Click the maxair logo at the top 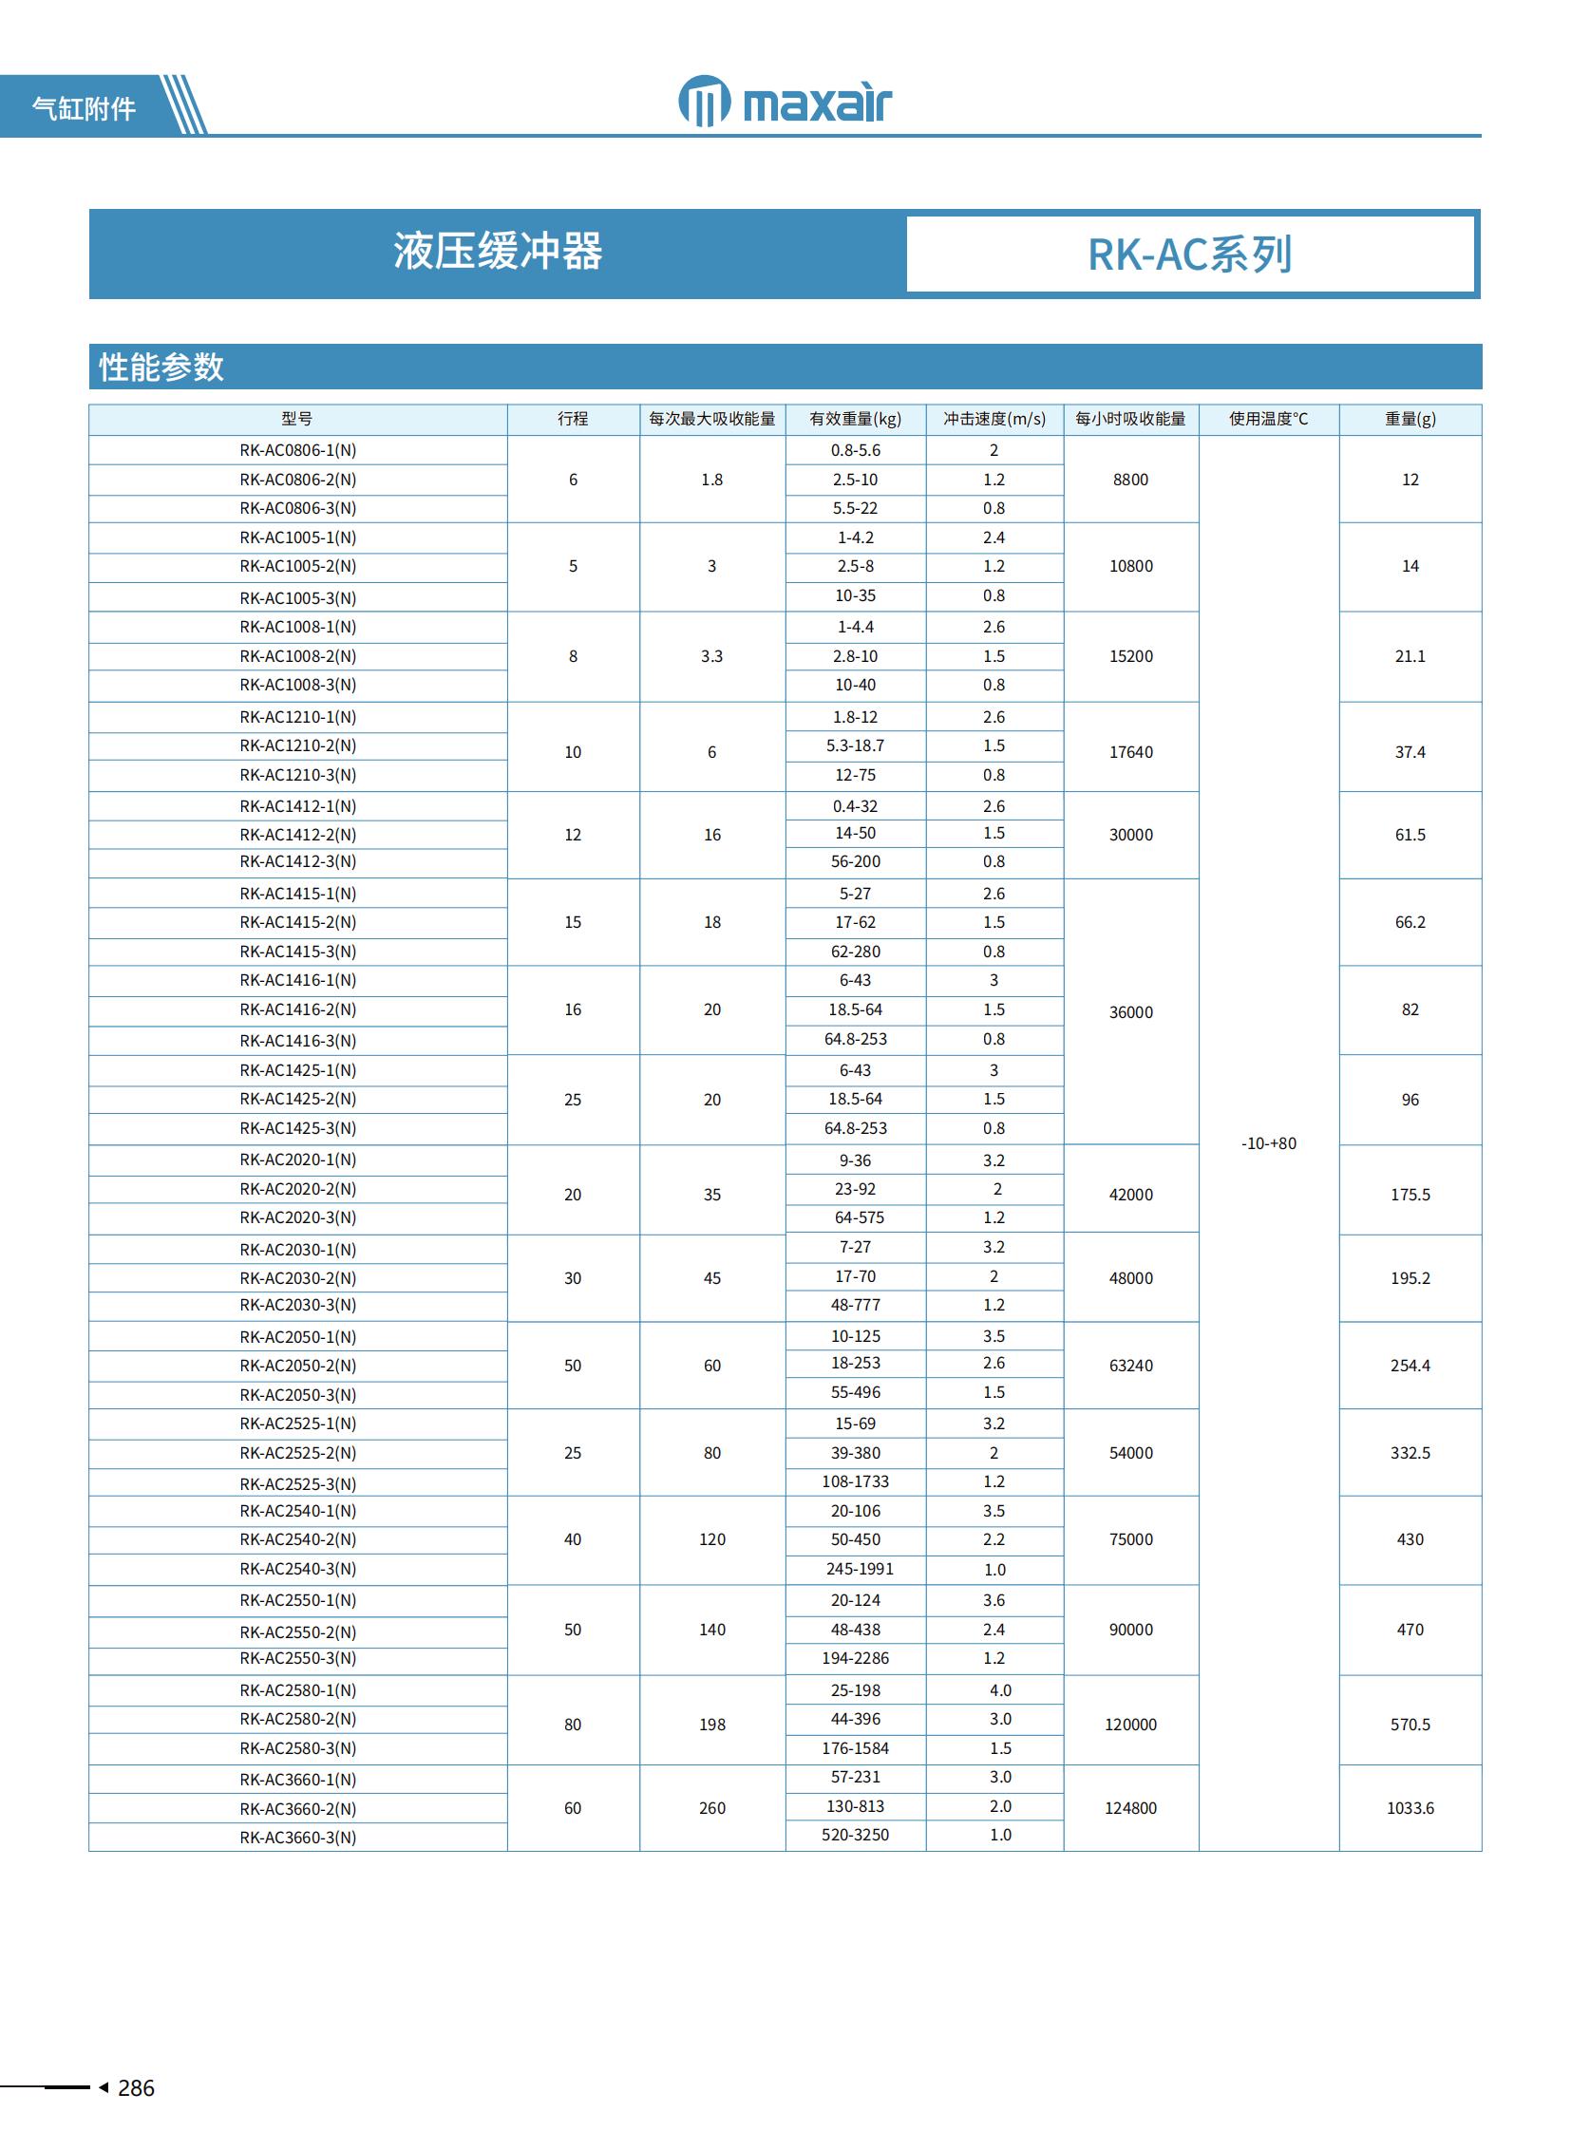tap(785, 102)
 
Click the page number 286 tap(136, 2087)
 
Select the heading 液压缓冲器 tap(498, 252)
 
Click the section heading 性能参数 tap(161, 368)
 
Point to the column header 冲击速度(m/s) tap(994, 420)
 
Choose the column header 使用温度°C tap(1268, 420)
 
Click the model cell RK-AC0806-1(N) tap(297, 450)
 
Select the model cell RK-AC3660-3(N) tap(297, 1838)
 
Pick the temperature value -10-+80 tap(1268, 1143)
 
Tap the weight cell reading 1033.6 tap(1410, 1808)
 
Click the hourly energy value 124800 tap(1129, 1808)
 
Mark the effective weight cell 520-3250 tap(855, 1835)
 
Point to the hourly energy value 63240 tap(1129, 1366)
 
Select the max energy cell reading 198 tap(711, 1724)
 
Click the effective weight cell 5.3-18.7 tap(855, 745)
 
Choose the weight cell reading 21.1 tap(1410, 656)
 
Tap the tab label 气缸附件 tap(84, 108)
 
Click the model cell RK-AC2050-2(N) tap(297, 1366)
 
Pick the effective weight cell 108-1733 tap(855, 1481)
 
